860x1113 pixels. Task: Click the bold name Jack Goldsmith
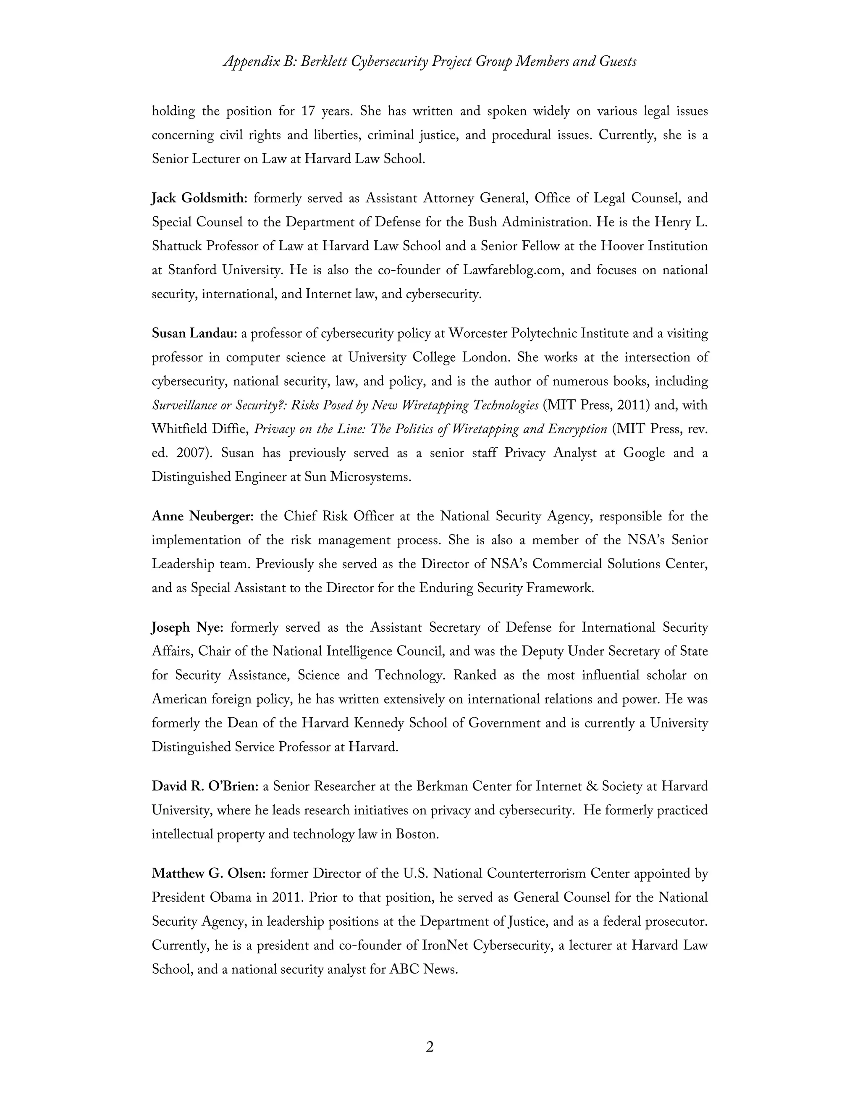click(x=199, y=198)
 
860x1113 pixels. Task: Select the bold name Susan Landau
click(x=194, y=334)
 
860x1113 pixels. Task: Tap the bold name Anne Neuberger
click(x=202, y=516)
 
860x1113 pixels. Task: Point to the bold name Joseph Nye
click(x=187, y=627)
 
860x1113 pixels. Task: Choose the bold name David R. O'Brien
click(x=205, y=786)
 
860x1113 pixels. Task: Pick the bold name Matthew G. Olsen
click(x=208, y=874)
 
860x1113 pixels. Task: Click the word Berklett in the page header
click(x=323, y=62)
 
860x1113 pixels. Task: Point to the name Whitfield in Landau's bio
click(x=177, y=429)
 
